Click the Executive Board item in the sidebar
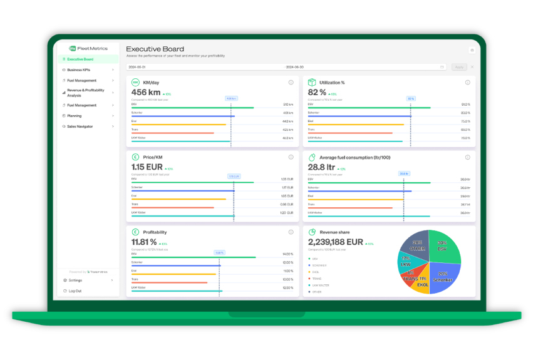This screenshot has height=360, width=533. (80, 59)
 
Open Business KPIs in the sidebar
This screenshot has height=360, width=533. (79, 70)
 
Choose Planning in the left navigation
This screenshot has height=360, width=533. (75, 116)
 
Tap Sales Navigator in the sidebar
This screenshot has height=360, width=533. (80, 126)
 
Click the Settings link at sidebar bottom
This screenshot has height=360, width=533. (75, 280)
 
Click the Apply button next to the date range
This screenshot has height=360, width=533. (458, 67)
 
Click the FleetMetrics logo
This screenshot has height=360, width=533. (88, 48)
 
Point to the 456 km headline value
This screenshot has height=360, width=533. (146, 93)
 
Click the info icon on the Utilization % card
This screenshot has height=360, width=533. (467, 83)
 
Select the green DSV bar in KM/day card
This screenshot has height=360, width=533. (192, 108)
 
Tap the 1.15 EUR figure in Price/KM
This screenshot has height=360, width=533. (147, 168)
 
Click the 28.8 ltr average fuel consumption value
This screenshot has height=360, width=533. (322, 168)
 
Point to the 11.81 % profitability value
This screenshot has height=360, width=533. (144, 242)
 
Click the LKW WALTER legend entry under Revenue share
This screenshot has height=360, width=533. (320, 285)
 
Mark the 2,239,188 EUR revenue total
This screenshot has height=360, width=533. (336, 242)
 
